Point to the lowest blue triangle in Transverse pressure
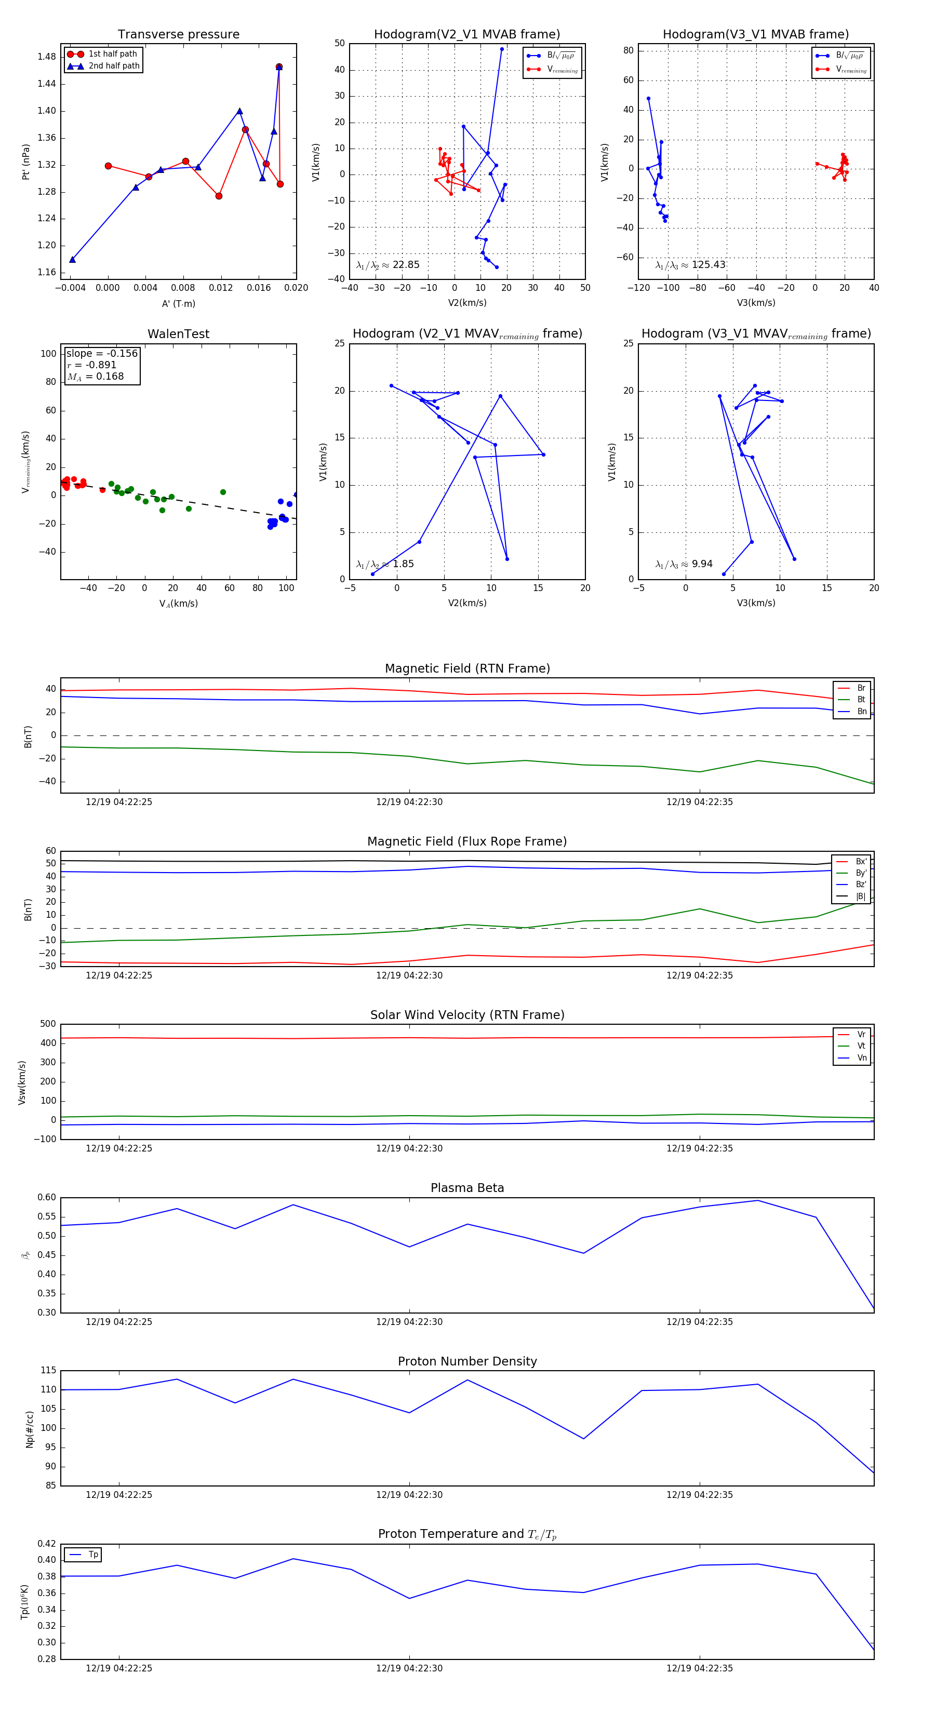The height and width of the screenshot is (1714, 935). coord(73,260)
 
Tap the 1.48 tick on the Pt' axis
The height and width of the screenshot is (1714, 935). coord(47,57)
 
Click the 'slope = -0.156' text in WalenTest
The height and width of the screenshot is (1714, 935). coord(102,353)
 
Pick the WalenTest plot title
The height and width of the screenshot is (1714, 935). coord(178,334)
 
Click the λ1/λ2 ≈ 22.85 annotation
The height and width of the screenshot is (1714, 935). coord(388,265)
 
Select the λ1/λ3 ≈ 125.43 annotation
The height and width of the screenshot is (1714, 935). coord(690,265)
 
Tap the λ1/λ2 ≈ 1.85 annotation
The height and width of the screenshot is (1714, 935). coord(384,564)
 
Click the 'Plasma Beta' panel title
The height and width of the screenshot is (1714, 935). coord(467,1188)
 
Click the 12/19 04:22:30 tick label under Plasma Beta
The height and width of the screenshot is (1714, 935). coord(409,1321)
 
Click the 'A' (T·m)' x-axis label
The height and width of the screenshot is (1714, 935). coord(178,303)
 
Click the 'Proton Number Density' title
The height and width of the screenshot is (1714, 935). coord(467,1361)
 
